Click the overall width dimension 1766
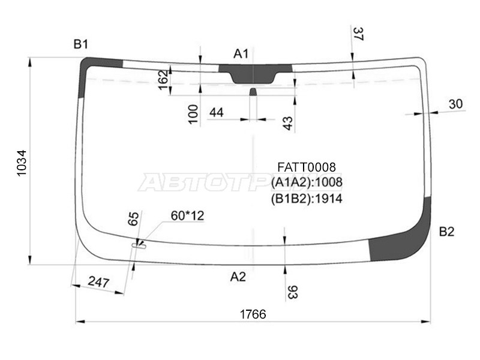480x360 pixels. [x=253, y=314]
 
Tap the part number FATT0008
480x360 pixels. [x=306, y=167]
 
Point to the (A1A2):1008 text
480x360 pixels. [x=306, y=182]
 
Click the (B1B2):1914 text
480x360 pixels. [x=306, y=198]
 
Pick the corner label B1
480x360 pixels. [x=81, y=44]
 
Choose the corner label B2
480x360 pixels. [x=446, y=232]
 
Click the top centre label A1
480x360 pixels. [x=241, y=54]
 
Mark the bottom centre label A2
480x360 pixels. [x=238, y=277]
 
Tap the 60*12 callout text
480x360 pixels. [x=188, y=215]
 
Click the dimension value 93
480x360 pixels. [x=293, y=292]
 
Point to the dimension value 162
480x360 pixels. [x=163, y=80]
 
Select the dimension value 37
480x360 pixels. [x=359, y=34]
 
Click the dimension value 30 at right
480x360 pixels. [x=456, y=104]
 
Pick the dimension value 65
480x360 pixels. [x=134, y=218]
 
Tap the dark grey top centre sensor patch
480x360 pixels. [x=255, y=73]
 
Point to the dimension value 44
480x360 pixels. [x=216, y=112]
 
